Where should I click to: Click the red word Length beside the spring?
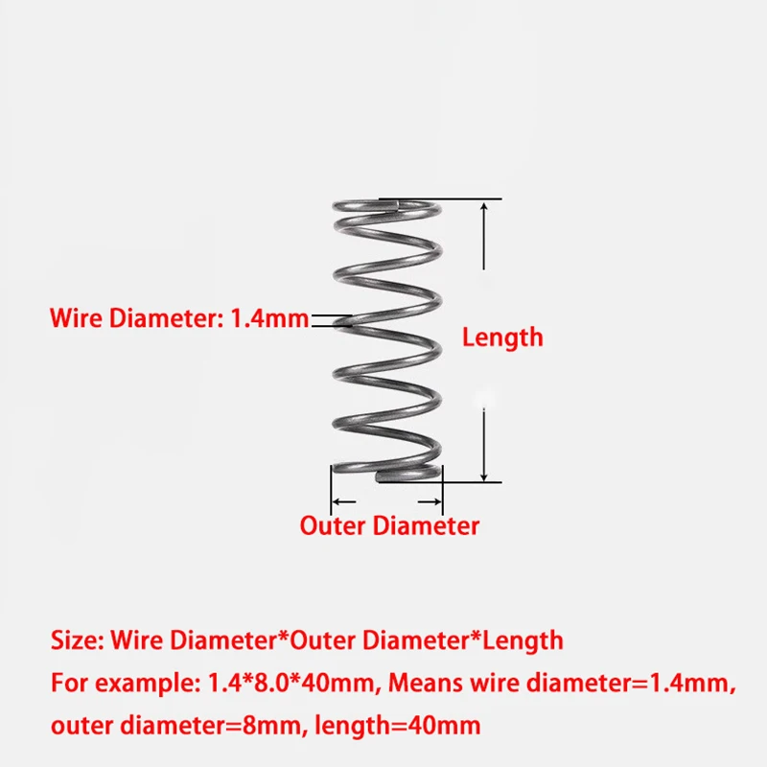[x=502, y=337]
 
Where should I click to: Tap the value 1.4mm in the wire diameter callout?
[x=269, y=318]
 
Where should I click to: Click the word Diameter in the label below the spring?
[x=426, y=525]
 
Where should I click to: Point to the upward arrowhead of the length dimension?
[x=484, y=208]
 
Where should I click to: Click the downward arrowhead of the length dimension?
[x=484, y=475]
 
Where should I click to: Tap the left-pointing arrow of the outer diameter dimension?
[x=343, y=501]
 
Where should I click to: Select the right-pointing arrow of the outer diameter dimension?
[x=430, y=501]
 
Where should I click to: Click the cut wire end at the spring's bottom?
[x=379, y=476]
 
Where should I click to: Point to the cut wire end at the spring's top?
[x=396, y=204]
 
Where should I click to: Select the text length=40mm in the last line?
[x=398, y=726]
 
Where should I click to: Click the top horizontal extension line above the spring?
[x=440, y=199]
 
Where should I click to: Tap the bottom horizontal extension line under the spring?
[x=439, y=482]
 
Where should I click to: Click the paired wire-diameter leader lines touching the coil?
[x=332, y=321]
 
